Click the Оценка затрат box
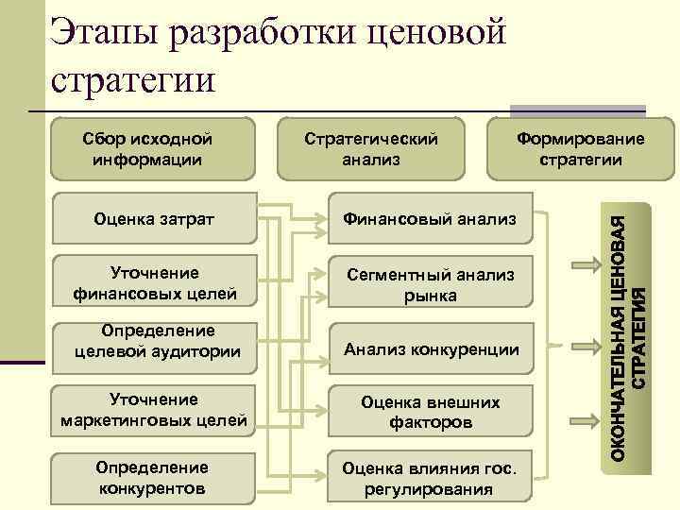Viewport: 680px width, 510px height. click(x=153, y=219)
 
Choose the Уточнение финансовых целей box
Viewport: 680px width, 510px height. click(x=153, y=284)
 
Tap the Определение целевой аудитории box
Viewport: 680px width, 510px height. click(x=153, y=342)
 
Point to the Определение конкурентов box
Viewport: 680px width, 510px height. click(x=153, y=478)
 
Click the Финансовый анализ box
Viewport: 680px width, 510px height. click(x=430, y=219)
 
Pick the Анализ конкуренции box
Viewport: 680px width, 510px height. click(x=430, y=349)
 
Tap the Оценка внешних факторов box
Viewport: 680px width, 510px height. click(x=430, y=413)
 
